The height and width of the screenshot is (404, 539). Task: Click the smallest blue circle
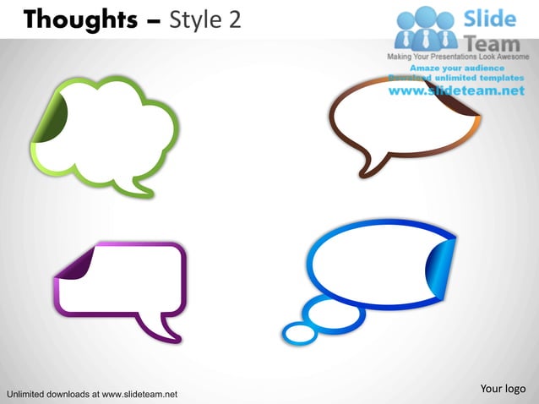[299, 334]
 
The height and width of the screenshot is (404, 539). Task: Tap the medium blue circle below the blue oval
[333, 314]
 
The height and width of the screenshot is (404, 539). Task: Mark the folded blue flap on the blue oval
[444, 265]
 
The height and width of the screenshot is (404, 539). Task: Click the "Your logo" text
[503, 388]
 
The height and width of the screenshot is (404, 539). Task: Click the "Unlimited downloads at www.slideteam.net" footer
[91, 394]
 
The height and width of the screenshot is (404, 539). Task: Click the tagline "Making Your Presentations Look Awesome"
[456, 56]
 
